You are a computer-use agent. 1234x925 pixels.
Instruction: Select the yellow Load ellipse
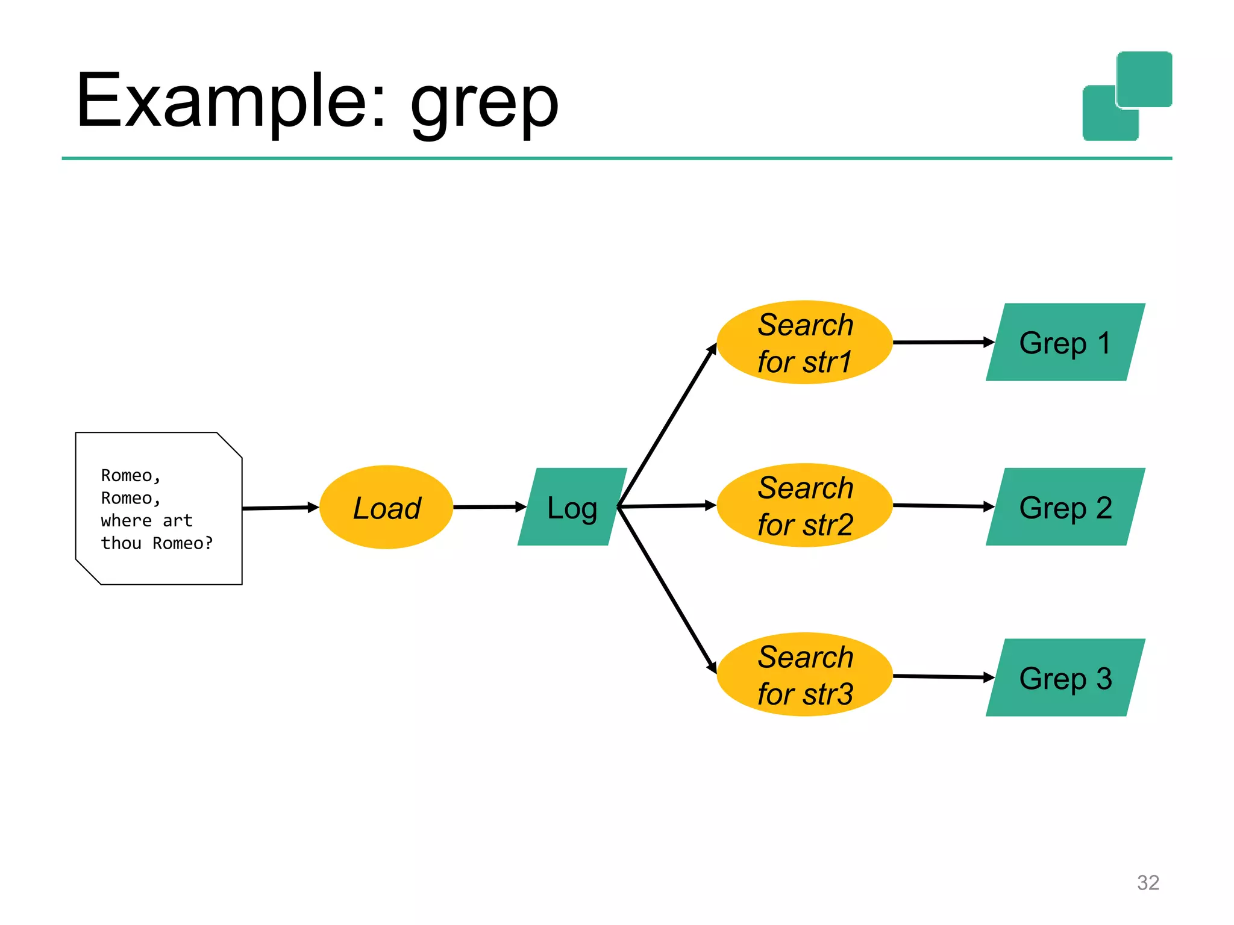386,507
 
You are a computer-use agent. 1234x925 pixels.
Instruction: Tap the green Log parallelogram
572,507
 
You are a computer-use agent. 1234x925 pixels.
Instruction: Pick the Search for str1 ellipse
804,343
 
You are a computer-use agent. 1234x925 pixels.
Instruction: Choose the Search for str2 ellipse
804,506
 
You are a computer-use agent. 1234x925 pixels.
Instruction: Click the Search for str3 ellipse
804,674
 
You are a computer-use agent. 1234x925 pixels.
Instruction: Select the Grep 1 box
1065,343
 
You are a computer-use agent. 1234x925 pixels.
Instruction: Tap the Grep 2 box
1065,507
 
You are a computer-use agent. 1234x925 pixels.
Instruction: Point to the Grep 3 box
1065,677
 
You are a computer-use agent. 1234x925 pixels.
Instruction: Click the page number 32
1147,882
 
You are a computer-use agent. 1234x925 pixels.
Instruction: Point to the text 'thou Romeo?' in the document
157,543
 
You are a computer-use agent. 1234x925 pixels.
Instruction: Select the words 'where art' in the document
146,520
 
